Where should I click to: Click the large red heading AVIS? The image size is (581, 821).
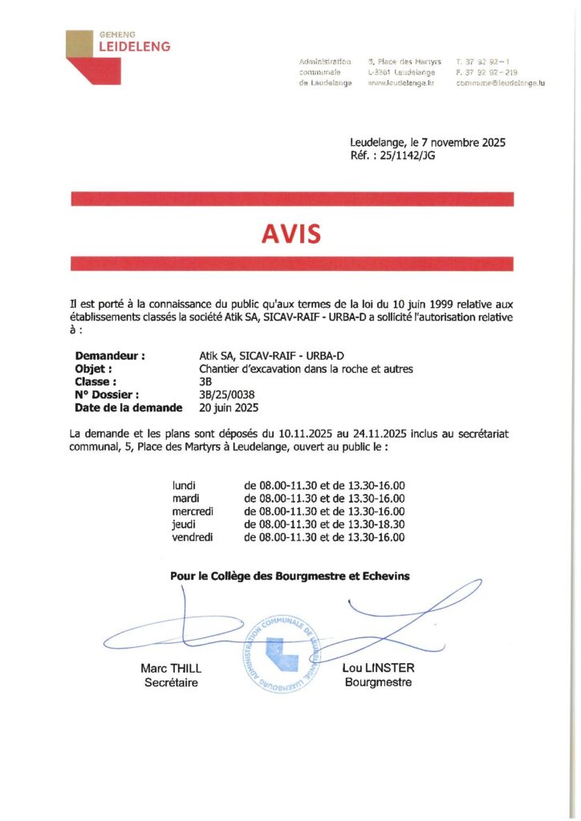(x=290, y=233)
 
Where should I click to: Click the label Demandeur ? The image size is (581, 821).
(x=110, y=356)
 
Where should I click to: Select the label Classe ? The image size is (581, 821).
(x=95, y=382)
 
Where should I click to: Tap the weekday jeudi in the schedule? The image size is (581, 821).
(x=185, y=524)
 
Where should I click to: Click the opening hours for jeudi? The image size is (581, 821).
(x=324, y=524)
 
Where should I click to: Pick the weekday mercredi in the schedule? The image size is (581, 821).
(x=193, y=512)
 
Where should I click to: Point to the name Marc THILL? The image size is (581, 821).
(x=171, y=669)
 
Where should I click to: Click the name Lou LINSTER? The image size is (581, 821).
(x=378, y=669)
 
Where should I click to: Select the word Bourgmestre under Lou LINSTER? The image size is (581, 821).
(x=378, y=682)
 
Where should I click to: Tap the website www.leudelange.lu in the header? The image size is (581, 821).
(x=400, y=83)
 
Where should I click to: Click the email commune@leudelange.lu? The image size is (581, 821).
(x=500, y=83)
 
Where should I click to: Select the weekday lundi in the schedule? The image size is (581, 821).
(x=185, y=486)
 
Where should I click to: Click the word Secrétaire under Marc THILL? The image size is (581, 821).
(x=171, y=682)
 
